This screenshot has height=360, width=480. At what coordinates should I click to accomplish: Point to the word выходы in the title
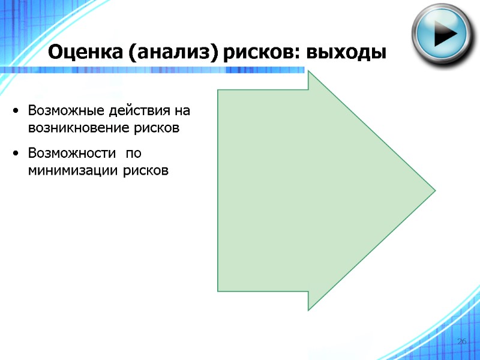346,53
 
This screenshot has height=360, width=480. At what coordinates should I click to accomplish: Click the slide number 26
462,341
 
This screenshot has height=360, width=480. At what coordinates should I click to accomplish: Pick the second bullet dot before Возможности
16,155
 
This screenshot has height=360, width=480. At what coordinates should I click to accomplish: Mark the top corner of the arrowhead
309,73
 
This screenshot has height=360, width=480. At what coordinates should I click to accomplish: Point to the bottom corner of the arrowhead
309,309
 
